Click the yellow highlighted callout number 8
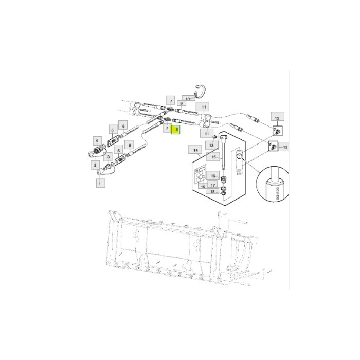coord(177,130)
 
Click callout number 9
coord(182,103)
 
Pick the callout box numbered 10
coord(188,98)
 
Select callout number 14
coord(195,150)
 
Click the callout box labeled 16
coord(212,176)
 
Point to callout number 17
coord(212,184)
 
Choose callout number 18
coord(212,192)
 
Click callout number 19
coord(204,187)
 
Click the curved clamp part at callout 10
coord(199,90)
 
